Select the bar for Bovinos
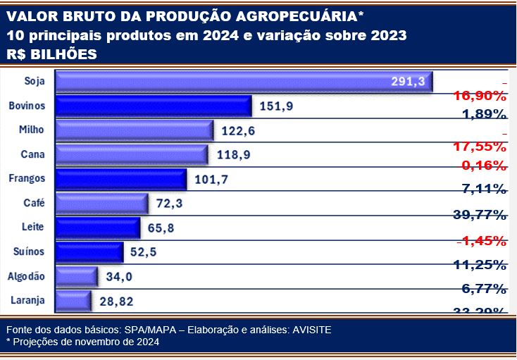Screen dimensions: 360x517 tap(153, 106)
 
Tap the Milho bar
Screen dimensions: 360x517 tap(134, 130)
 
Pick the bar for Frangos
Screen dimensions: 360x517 tap(120, 179)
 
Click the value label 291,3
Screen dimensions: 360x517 tap(408, 82)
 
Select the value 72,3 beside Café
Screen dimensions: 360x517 tap(171, 204)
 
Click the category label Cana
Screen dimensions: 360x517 tap(34, 154)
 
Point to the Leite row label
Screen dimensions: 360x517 tap(33, 227)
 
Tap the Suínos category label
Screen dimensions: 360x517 tap(29, 252)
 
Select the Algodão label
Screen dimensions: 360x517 tap(27, 276)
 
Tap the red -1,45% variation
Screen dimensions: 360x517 tap(481, 241)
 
